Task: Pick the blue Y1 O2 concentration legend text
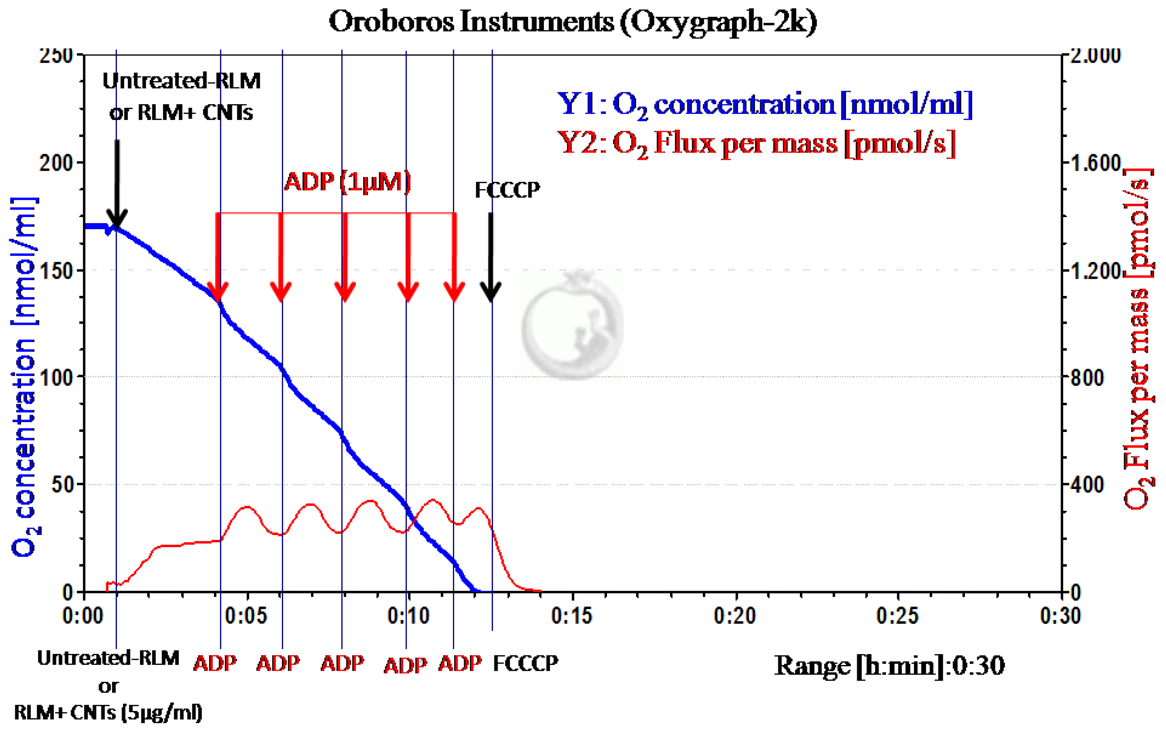point(764,104)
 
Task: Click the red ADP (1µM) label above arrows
point(347,182)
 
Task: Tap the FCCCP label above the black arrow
point(507,190)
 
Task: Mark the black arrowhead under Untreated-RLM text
point(117,218)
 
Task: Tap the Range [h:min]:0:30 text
point(889,666)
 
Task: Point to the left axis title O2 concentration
point(24,377)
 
